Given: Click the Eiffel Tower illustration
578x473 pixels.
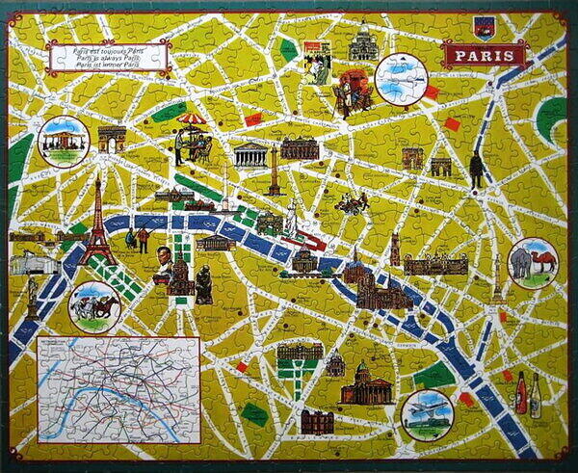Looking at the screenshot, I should click(x=97, y=226).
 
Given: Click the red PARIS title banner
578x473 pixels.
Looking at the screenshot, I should click(x=485, y=55).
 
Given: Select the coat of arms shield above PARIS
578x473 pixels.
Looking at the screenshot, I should click(x=484, y=26).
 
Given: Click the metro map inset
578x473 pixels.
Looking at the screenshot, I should click(x=118, y=387).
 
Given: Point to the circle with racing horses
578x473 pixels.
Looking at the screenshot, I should click(x=95, y=306).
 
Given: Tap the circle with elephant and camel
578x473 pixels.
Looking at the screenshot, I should click(x=533, y=263).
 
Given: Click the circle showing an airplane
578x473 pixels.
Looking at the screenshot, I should click(x=427, y=414).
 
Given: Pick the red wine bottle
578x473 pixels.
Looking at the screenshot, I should click(x=521, y=393).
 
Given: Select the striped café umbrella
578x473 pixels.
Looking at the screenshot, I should click(x=193, y=121).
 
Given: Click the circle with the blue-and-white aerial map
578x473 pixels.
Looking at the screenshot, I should click(x=401, y=78).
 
